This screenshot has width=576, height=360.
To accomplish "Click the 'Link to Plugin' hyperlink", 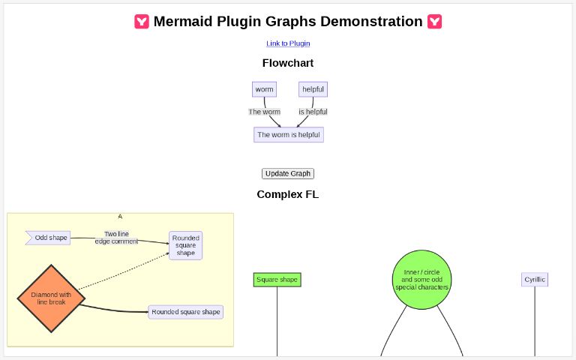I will tap(288, 43).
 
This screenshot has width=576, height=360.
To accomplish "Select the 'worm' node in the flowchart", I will tap(264, 89).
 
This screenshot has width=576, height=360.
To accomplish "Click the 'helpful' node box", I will tap(313, 89).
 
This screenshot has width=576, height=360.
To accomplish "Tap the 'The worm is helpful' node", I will tap(288, 135).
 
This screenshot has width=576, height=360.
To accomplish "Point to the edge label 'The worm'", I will tap(264, 112).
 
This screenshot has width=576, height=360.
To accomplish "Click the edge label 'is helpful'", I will tap(313, 112).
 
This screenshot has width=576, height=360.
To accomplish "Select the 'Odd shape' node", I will tap(50, 238).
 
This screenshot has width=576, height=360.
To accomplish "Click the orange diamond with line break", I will tap(51, 298).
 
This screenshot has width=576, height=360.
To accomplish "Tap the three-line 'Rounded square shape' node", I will tap(186, 245).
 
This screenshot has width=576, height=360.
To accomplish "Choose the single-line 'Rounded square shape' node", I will tap(186, 312).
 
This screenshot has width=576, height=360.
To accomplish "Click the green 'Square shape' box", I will tap(277, 280).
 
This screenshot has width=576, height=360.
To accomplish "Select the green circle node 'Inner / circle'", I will tap(421, 280).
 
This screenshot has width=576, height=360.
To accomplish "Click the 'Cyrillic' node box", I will tap(535, 280).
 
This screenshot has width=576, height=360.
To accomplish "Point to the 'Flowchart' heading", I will tap(288, 63).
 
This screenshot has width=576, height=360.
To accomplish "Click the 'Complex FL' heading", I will tap(288, 194).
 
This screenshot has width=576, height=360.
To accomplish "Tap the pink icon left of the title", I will tap(142, 22).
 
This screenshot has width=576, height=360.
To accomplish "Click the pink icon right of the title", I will tap(434, 22).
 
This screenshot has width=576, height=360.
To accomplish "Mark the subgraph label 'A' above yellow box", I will tap(120, 216).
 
